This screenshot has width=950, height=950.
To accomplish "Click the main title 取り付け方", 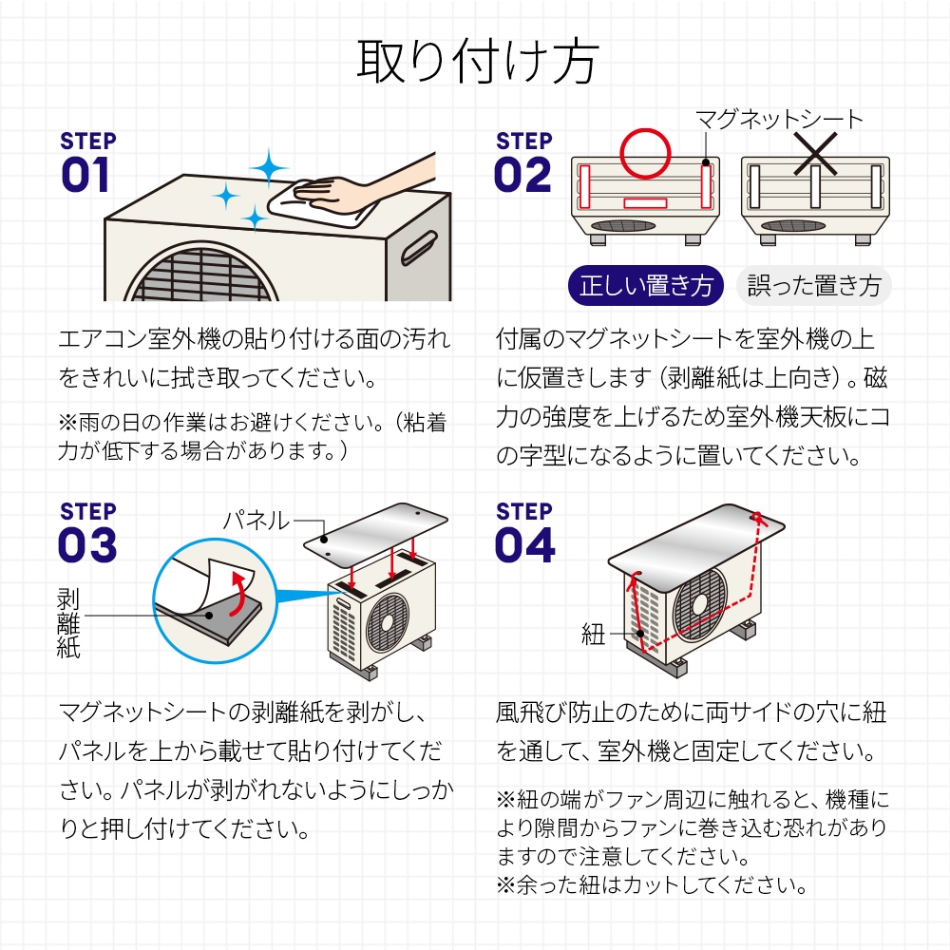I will pos(475,63).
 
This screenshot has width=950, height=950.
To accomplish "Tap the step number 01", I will pos(85,176).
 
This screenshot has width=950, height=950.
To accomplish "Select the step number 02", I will pos(522,176).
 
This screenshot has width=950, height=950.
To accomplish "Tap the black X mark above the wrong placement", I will pos(815,153).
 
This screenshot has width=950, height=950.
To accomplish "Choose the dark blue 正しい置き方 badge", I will pos(645,286).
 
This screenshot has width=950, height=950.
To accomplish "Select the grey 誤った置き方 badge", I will pos(813,286).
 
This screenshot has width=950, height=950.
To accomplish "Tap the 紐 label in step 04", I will pos(593,636).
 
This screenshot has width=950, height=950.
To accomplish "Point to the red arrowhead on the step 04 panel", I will pos(758,518).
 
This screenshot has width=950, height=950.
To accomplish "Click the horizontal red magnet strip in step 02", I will pos(645,203).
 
